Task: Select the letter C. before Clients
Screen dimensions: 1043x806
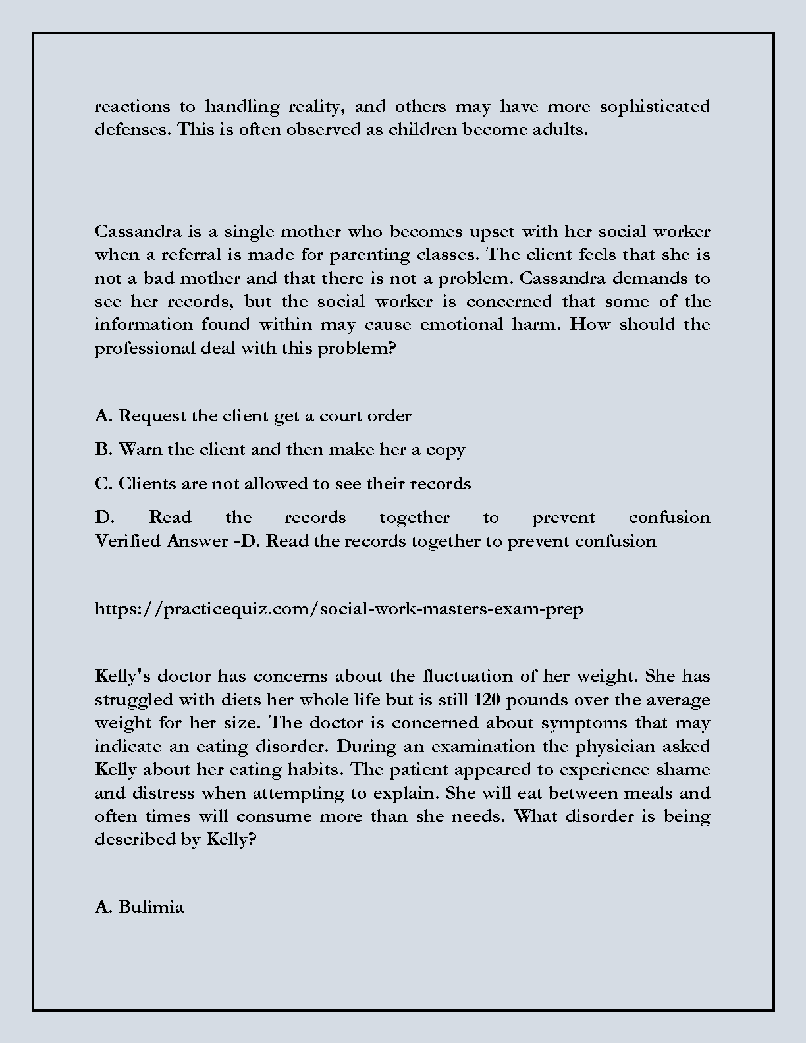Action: coord(104,484)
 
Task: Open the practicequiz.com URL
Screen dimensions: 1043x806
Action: coord(338,609)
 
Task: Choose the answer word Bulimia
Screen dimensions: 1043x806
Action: coord(151,907)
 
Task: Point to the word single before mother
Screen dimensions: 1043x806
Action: coord(250,232)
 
